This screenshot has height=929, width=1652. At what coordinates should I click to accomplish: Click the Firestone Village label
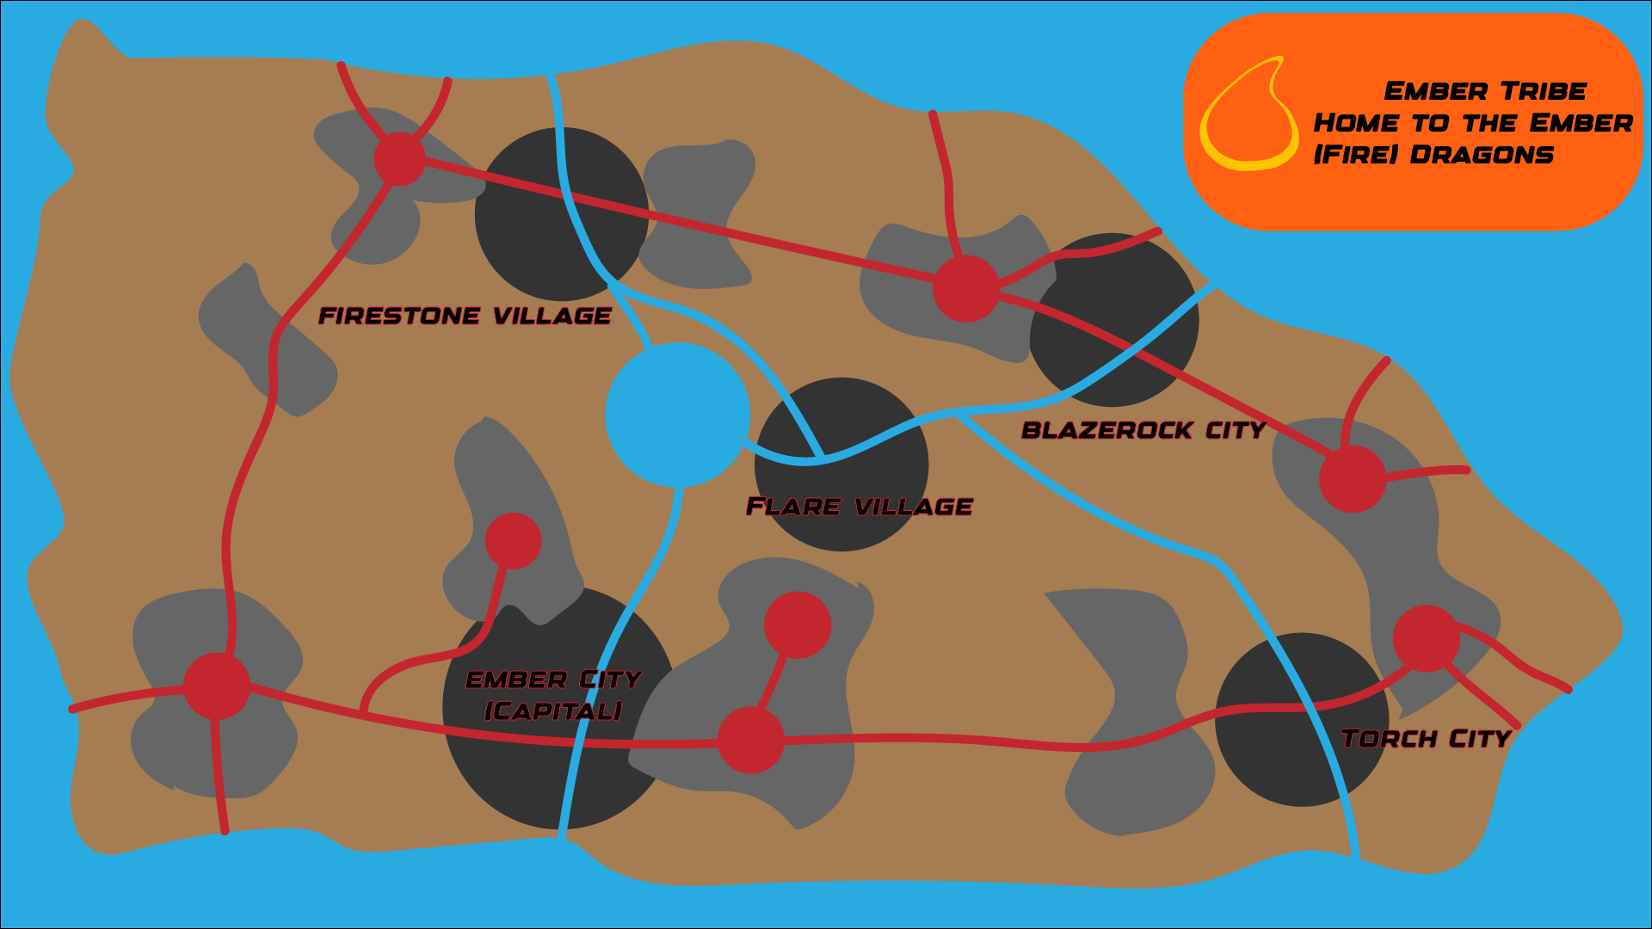(x=465, y=317)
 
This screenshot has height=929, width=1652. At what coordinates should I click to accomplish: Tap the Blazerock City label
(x=1143, y=430)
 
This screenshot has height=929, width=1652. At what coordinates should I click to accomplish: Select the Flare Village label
(x=859, y=507)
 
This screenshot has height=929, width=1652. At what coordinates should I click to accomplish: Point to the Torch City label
(x=1425, y=739)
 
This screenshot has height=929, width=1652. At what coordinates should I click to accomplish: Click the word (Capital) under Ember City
(x=553, y=711)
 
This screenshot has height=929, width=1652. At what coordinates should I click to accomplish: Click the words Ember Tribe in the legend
(x=1485, y=91)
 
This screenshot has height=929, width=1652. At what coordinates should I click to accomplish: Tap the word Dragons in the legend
(x=1482, y=155)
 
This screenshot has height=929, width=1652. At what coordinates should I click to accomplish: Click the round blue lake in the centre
(x=677, y=415)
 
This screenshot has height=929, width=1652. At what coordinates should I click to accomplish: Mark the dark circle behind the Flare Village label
(x=841, y=464)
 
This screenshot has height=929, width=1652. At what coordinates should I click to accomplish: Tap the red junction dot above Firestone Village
(x=399, y=158)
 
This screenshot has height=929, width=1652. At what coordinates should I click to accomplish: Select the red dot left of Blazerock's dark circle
(x=965, y=288)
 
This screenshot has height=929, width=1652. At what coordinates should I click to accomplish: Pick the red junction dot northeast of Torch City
(x=1426, y=638)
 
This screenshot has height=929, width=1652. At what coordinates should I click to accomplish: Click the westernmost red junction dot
(x=217, y=686)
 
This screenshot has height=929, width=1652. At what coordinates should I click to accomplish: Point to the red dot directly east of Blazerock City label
(x=1352, y=478)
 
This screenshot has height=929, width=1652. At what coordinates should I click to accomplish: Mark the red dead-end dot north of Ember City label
(x=513, y=540)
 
